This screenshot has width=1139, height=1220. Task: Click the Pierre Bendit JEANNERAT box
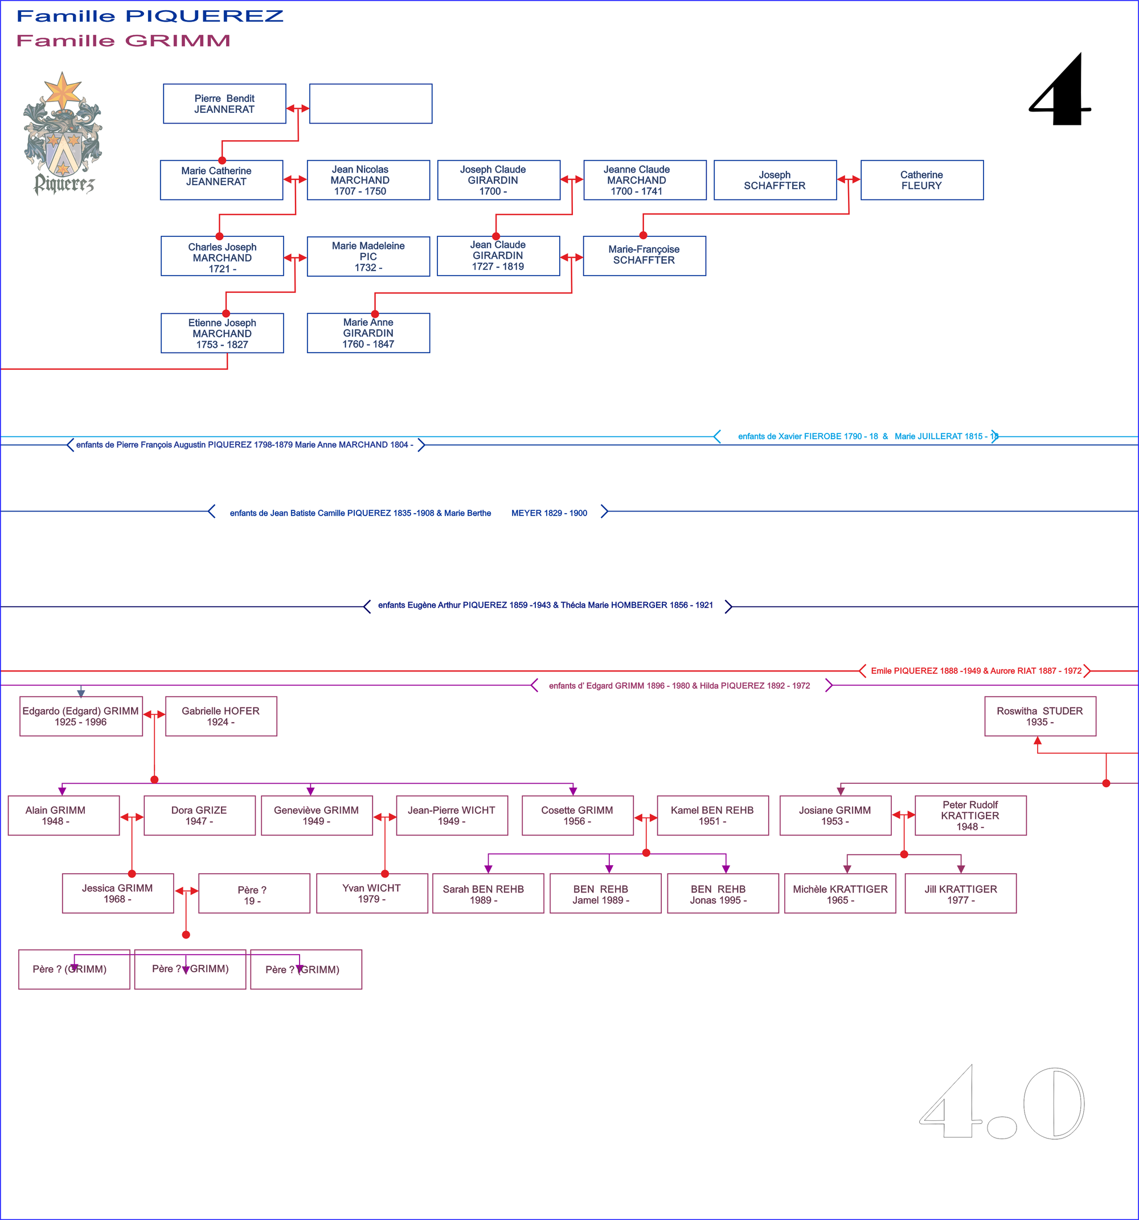pos(224,104)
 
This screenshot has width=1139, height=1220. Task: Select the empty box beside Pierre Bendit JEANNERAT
pos(370,104)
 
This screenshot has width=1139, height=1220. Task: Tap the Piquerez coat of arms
pos(63,134)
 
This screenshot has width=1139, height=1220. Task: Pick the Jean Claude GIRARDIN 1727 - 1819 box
pos(498,256)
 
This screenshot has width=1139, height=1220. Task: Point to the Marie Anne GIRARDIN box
pos(368,333)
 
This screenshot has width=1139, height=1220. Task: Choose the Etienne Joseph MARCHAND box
pos(222,333)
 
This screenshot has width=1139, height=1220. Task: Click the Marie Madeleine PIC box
pos(368,256)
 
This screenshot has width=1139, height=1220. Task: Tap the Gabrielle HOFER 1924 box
pos(221,716)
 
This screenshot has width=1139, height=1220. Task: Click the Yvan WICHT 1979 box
pos(372,894)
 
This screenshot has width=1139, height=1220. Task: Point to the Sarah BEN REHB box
pos(488,894)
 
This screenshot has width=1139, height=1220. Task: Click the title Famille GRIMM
pos(124,40)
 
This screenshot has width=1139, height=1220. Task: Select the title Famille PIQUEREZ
pos(150,16)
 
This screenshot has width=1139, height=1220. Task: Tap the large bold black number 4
pos(1061,90)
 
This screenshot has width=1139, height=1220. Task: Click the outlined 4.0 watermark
pos(1002,1103)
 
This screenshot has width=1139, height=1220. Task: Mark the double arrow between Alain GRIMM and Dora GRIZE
pos(132,817)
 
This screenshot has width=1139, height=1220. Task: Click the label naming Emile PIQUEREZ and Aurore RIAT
pos(976,671)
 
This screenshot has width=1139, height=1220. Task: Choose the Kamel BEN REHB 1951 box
pos(712,816)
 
